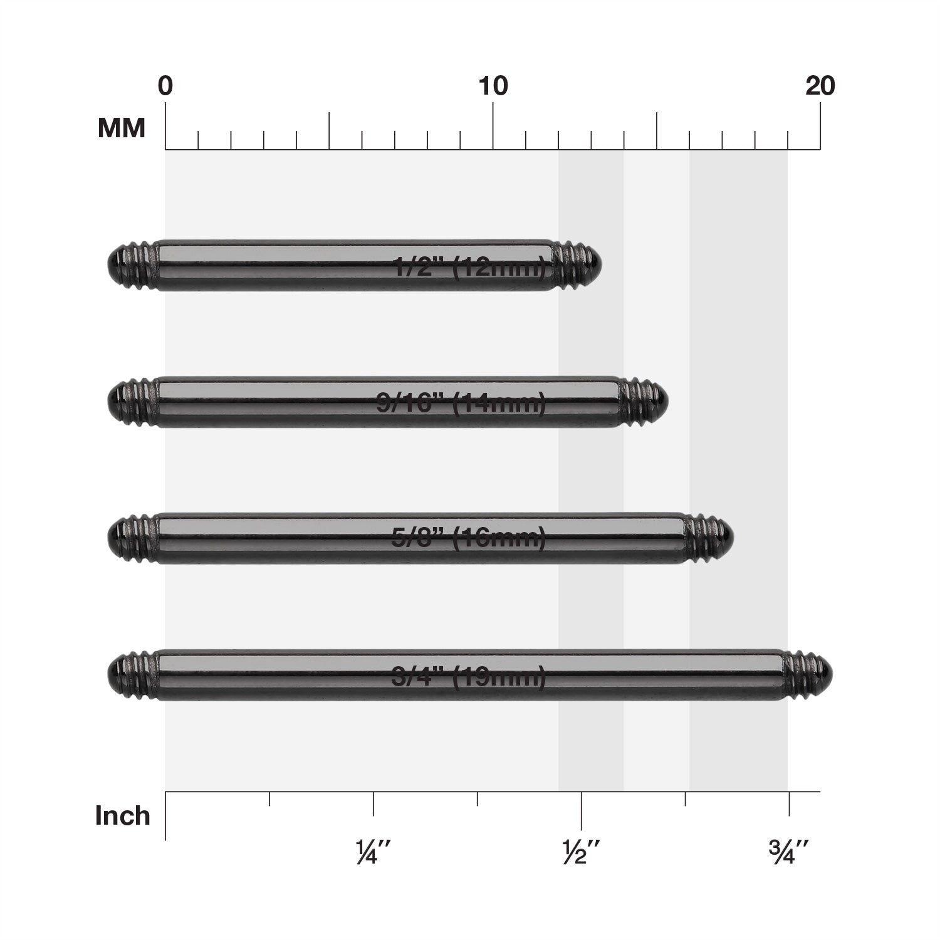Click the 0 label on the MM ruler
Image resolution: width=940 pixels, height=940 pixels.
pos(165,86)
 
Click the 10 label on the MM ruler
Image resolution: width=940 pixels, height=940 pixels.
pos(493,86)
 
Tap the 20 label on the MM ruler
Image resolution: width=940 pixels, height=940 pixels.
pos(820,86)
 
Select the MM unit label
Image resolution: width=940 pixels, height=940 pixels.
pos(122,128)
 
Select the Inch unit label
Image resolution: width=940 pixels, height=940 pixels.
pos(123,816)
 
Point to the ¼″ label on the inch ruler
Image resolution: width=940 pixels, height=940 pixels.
pos(373,853)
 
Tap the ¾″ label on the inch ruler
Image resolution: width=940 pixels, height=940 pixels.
pos(788,853)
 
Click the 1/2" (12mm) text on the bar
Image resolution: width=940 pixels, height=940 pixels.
pos(469,268)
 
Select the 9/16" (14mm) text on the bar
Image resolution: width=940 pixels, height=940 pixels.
pos(461,404)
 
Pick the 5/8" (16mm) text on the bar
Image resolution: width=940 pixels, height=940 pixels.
pos(468,539)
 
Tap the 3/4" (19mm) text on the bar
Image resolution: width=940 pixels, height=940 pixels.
pos(468,677)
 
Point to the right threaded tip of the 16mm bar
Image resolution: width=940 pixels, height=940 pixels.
pos(709,538)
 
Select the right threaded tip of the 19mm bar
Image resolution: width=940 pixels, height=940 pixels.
pos(809,675)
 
